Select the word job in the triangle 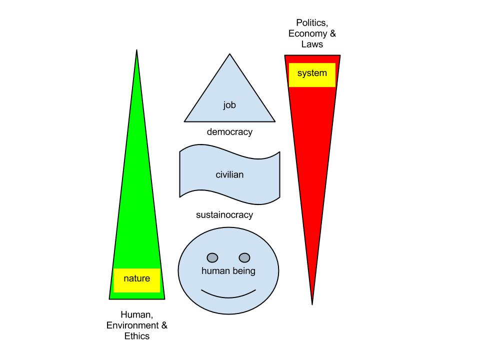229,105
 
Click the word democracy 229,132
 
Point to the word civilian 229,175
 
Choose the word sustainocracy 224,215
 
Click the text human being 228,271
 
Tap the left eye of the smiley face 212,258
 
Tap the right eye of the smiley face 244,258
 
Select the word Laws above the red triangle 312,44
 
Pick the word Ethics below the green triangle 136,336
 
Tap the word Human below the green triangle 135,314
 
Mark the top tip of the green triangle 136,51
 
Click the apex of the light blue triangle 229,55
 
